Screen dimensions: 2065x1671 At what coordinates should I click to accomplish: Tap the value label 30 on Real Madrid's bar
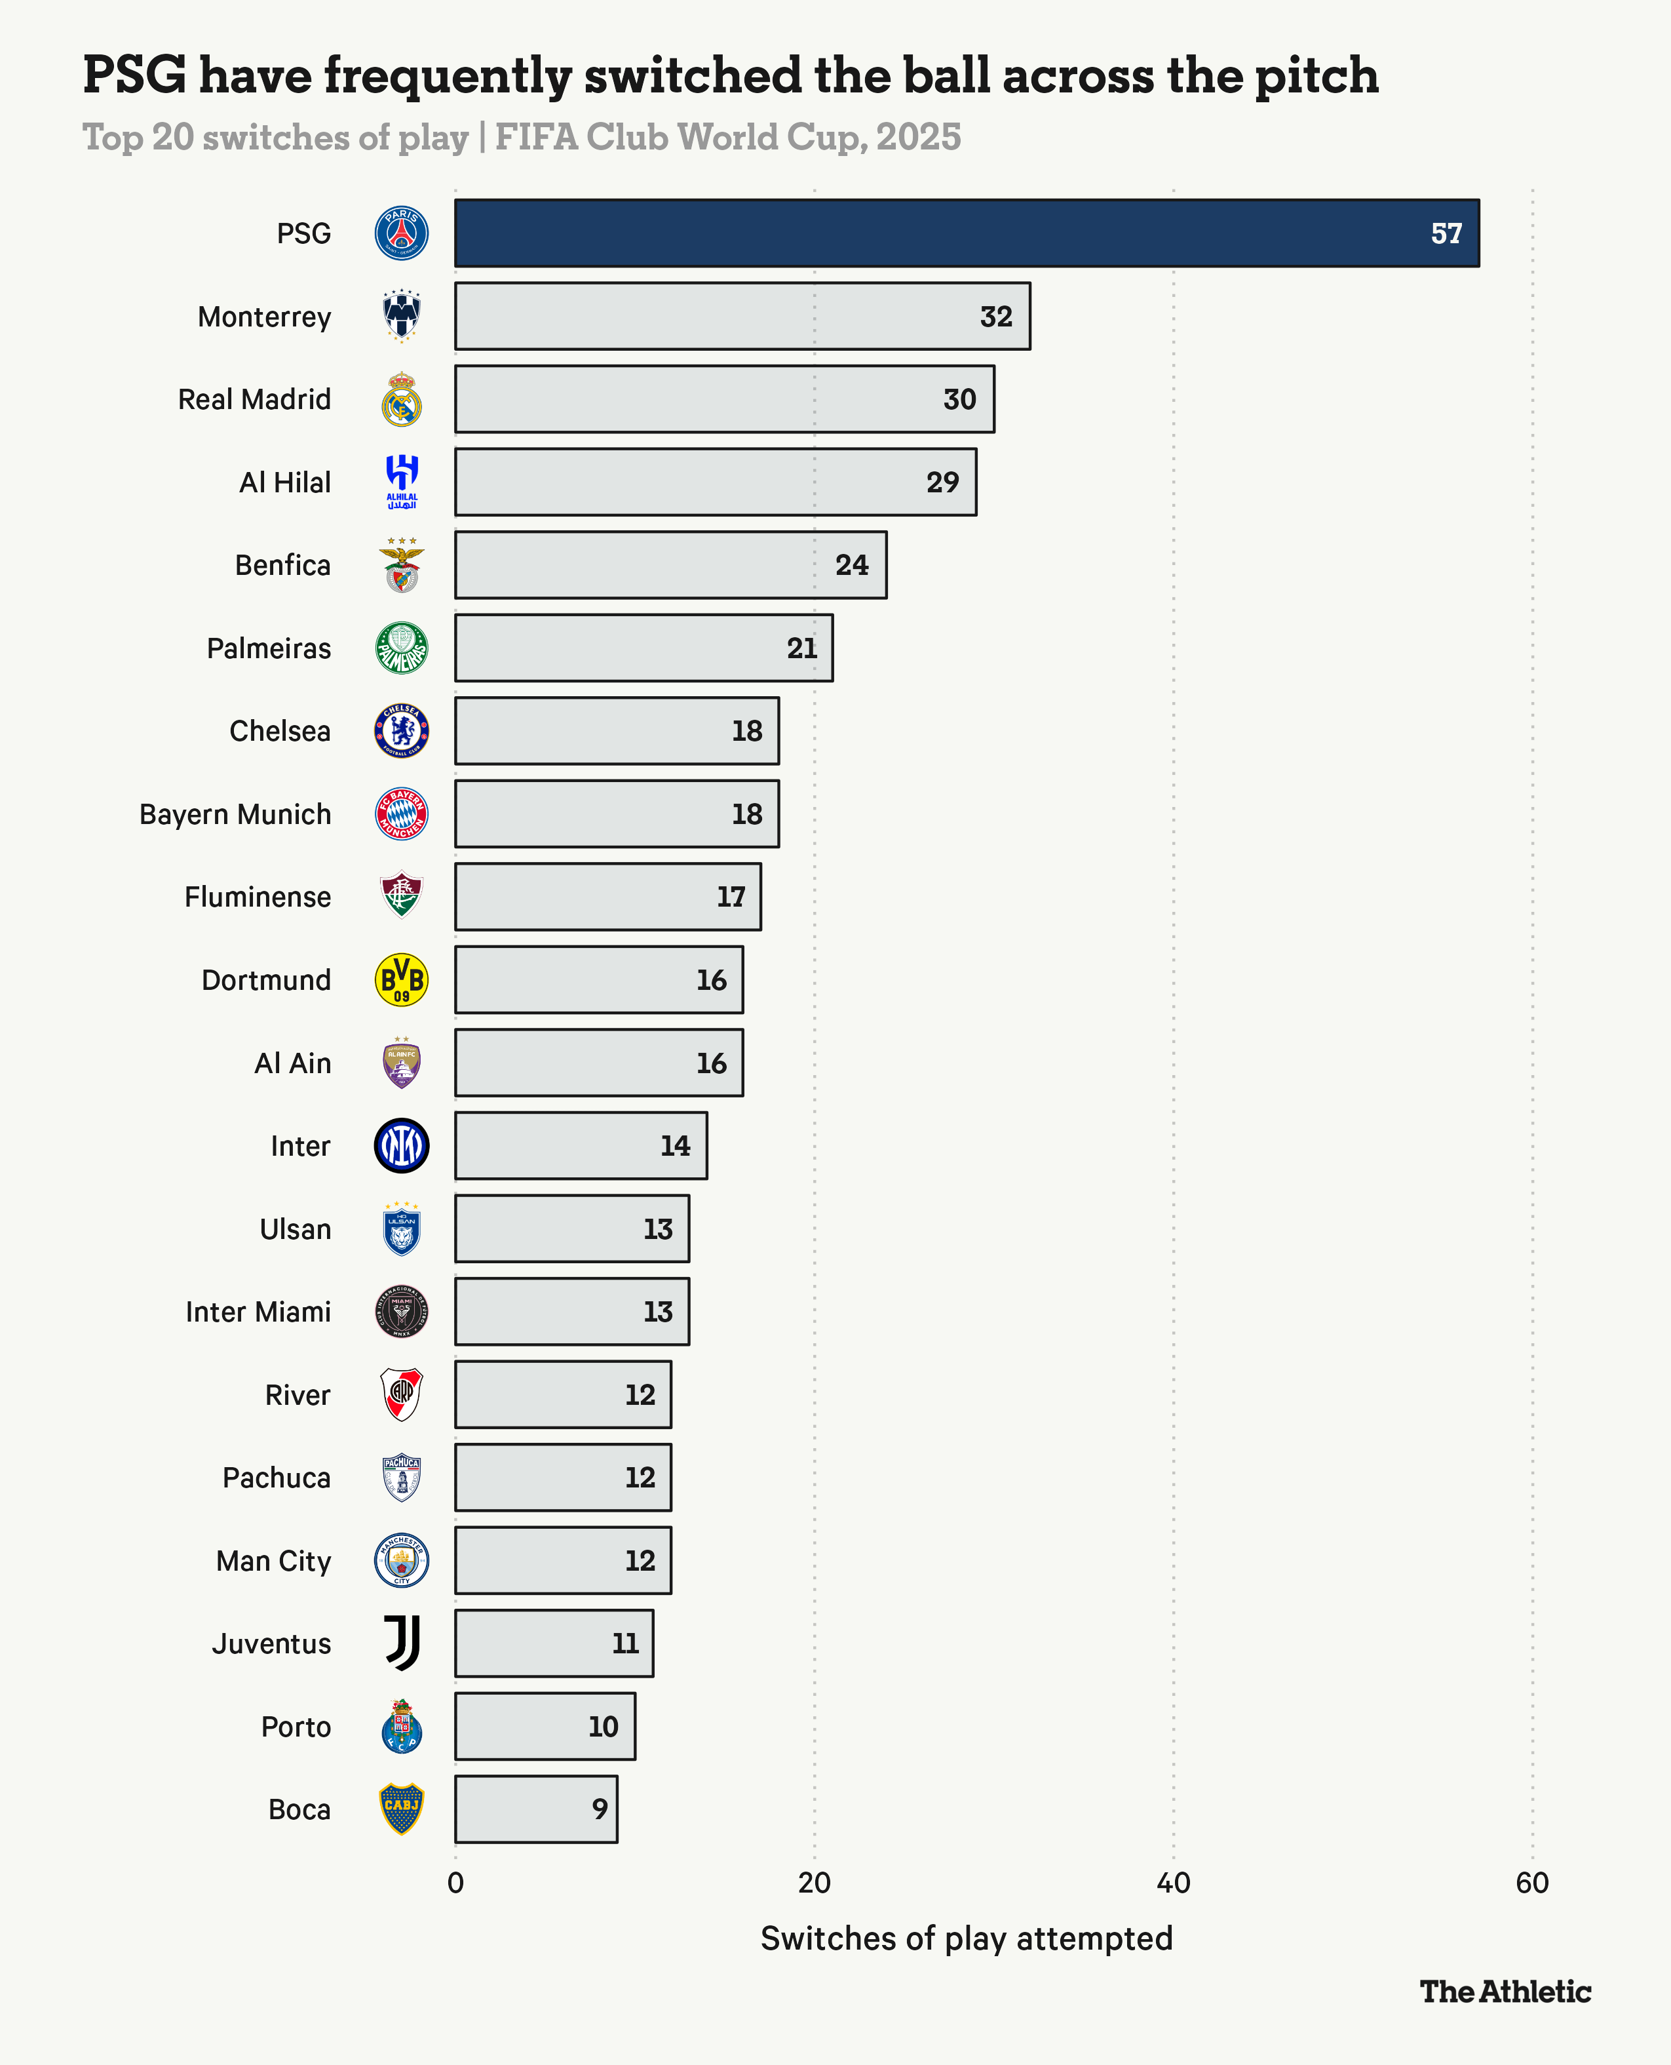959,399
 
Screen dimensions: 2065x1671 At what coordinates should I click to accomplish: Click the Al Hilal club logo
402,481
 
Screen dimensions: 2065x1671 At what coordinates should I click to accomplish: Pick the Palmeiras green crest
402,648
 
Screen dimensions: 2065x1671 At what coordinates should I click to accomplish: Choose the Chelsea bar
616,731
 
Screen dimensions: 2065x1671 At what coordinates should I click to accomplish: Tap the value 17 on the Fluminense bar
731,897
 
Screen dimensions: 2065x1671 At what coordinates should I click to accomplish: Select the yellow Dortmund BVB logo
402,980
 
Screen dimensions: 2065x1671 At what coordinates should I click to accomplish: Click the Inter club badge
402,1146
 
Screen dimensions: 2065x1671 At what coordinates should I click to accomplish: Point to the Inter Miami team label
258,1312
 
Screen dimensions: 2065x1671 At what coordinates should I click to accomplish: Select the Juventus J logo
402,1643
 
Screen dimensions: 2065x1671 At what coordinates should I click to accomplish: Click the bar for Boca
535,1809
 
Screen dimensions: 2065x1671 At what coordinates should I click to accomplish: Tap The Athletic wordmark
1505,1992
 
